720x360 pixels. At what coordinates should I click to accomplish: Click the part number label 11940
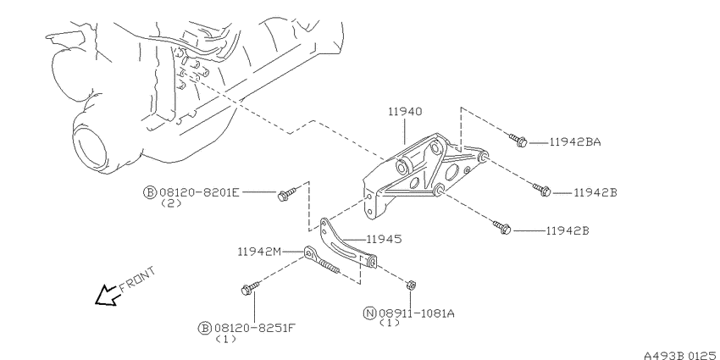[405, 112]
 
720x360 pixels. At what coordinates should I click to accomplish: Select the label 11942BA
[575, 142]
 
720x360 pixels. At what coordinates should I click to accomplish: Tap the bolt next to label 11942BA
[518, 140]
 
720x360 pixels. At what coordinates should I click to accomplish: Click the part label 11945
[384, 239]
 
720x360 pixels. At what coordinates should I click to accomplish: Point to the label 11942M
[259, 252]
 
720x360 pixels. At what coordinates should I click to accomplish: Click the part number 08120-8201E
[199, 192]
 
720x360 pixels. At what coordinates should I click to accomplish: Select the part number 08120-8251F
[255, 328]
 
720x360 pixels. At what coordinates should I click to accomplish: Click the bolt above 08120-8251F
[250, 288]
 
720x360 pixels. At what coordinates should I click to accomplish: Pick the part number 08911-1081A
[417, 313]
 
